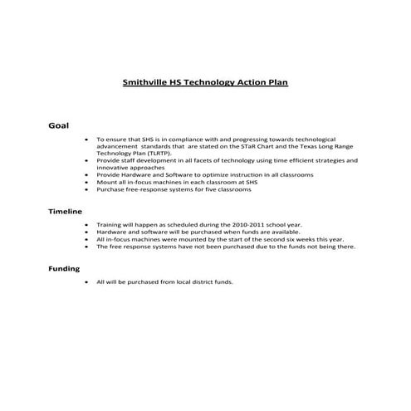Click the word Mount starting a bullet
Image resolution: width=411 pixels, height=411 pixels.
[108, 182]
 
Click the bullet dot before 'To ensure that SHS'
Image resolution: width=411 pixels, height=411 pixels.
[87, 139]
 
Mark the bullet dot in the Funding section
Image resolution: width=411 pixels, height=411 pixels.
[87, 282]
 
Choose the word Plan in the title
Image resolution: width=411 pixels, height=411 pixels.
[277, 83]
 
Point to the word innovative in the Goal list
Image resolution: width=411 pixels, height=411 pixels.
[114, 168]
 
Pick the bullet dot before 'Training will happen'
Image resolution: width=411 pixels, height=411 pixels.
[87, 224]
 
